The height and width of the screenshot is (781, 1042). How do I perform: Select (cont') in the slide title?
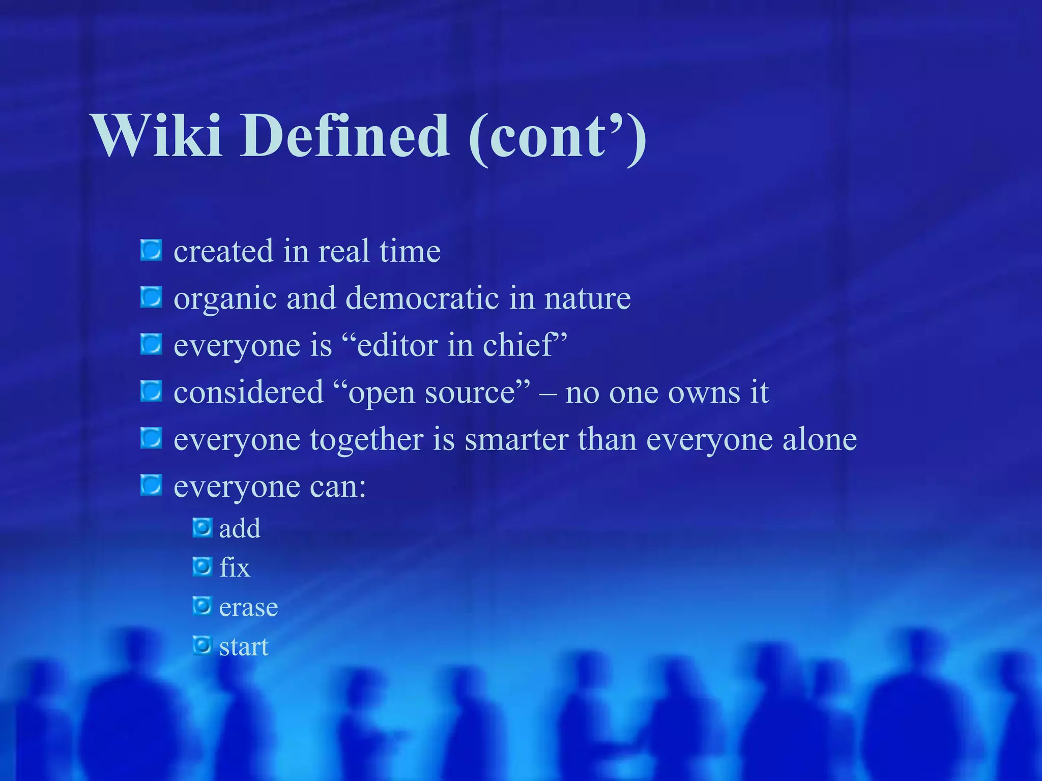[x=558, y=137]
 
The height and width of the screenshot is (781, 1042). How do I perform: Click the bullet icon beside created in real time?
[x=151, y=250]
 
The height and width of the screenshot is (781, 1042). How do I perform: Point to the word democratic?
[x=422, y=298]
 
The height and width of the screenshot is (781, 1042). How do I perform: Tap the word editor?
[x=397, y=345]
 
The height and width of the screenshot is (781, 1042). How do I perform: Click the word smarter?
[x=516, y=439]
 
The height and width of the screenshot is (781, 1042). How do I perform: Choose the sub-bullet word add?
[x=240, y=528]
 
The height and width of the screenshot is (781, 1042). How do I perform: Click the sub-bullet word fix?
[x=235, y=567]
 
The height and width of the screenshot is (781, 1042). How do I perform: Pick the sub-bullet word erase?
[x=248, y=608]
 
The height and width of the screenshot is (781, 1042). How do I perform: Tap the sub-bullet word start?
[x=244, y=647]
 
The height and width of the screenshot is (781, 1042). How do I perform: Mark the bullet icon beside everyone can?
[x=151, y=485]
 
